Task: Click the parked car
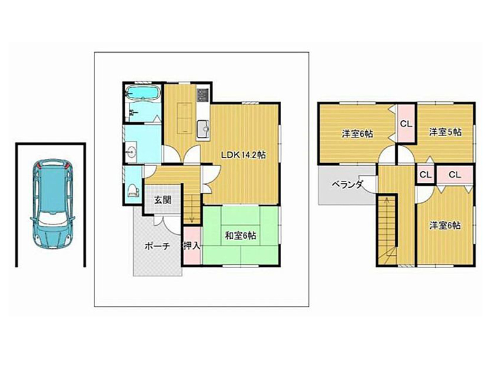pos(52,204)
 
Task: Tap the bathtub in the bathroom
pos(143,93)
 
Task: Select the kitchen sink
pos(204,129)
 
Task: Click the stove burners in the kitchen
pos(203,95)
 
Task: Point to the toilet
pos(133,190)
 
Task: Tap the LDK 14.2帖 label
pos(244,155)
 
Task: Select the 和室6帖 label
pos(241,236)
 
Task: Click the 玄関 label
pos(163,200)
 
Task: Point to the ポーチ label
pos(157,246)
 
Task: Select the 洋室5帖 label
pos(446,132)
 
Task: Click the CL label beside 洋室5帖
pos(406,124)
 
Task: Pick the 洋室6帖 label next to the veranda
pos(357,134)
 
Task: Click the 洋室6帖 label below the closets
pos(444,225)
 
